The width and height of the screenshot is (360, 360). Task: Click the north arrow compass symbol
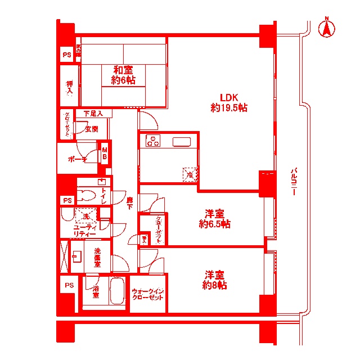click(x=325, y=29)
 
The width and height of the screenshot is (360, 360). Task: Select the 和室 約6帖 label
click(x=123, y=75)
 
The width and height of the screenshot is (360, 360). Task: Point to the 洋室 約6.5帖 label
click(x=214, y=219)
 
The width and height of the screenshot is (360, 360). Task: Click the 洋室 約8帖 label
click(x=214, y=280)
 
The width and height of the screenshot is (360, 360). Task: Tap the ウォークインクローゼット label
click(x=148, y=294)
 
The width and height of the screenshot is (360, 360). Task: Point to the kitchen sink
click(x=182, y=141)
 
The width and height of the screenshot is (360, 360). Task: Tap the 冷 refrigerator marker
click(x=191, y=174)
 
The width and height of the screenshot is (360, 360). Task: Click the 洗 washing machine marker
click(x=86, y=216)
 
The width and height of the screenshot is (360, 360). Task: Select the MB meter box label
click(x=105, y=155)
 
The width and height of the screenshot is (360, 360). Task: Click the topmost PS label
click(x=67, y=55)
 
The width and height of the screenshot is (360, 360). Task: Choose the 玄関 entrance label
click(x=91, y=129)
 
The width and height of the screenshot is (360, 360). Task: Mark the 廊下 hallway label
click(x=129, y=203)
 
